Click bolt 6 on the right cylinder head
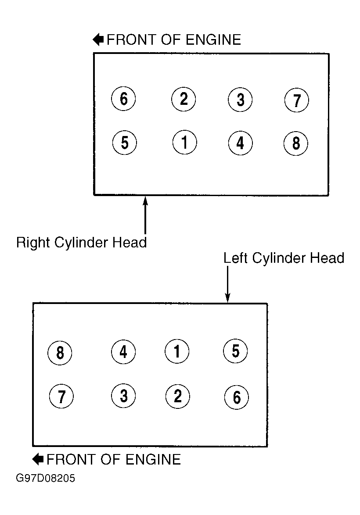[124, 99]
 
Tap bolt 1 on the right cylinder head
[184, 142]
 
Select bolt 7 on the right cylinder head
[296, 100]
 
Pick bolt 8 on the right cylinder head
[296, 143]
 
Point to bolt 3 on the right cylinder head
[240, 100]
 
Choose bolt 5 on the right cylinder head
[125, 143]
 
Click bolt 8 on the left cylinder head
[60, 353]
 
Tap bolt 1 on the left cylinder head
[177, 351]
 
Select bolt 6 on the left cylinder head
[236, 397]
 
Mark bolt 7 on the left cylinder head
[61, 396]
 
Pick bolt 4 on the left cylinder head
[123, 352]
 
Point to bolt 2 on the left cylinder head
[177, 396]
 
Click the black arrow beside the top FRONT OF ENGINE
[98, 39]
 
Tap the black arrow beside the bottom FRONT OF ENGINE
[38, 459]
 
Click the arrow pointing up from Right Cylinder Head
[145, 215]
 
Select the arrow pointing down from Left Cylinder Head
[227, 284]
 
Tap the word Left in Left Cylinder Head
[235, 258]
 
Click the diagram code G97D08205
[45, 478]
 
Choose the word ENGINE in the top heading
[213, 40]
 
